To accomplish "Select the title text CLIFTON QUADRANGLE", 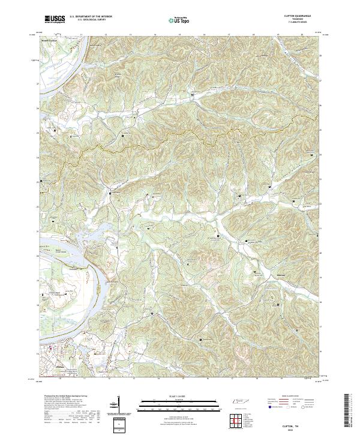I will pyautogui.click(x=293, y=16).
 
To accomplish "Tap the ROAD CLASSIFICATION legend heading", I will pyautogui.click(x=290, y=397).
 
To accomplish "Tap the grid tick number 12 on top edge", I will pyautogui.click(x=106, y=34).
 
